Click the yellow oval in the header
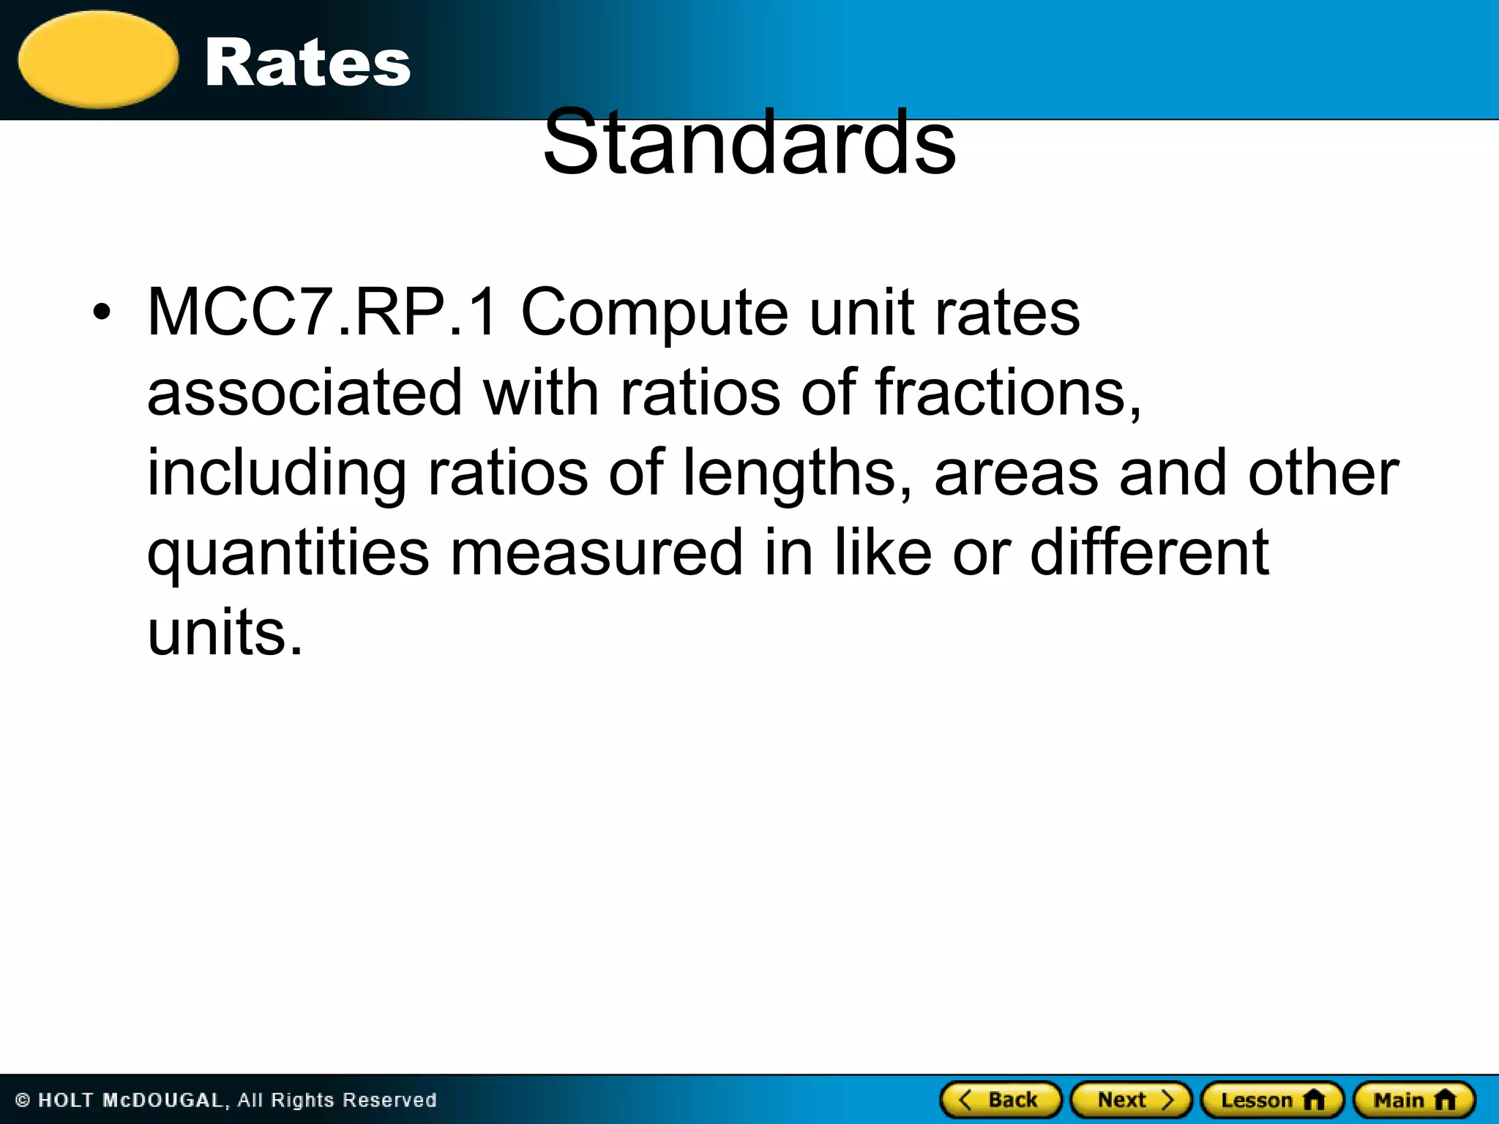tap(98, 60)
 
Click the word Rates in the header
tap(307, 63)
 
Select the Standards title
tap(749, 142)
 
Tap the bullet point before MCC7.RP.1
tap(102, 312)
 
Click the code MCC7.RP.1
tap(323, 312)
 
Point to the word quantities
tap(288, 554)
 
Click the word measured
tap(597, 554)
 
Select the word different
tap(1149, 554)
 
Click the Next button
tap(1131, 1100)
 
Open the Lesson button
tap(1272, 1100)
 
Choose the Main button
tap(1414, 1100)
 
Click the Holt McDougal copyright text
tap(225, 1100)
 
